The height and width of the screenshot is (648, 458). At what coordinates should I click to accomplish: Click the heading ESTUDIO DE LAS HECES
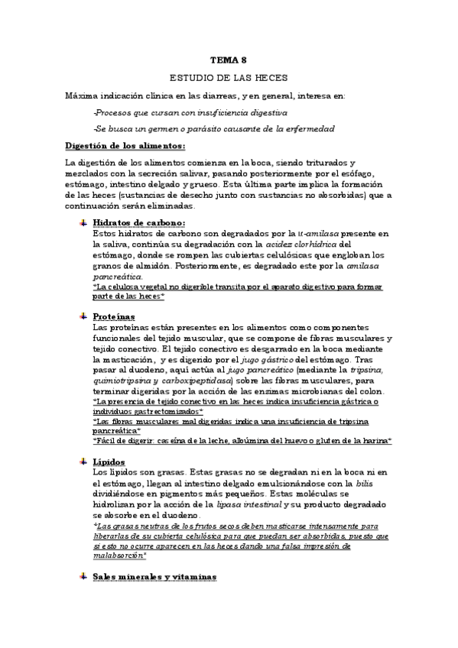(229, 78)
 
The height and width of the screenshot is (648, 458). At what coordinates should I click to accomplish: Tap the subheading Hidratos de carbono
(138, 222)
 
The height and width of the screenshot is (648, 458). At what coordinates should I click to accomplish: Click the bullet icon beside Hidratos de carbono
(83, 222)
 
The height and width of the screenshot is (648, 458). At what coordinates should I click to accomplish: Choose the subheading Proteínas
(114, 316)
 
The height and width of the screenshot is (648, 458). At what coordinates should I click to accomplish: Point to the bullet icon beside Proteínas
(83, 316)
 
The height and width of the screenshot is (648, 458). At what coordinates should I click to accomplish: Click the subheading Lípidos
(109, 462)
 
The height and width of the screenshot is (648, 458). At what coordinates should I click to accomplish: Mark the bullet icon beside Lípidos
(83, 462)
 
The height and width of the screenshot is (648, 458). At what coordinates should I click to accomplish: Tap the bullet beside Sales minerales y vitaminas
(83, 576)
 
